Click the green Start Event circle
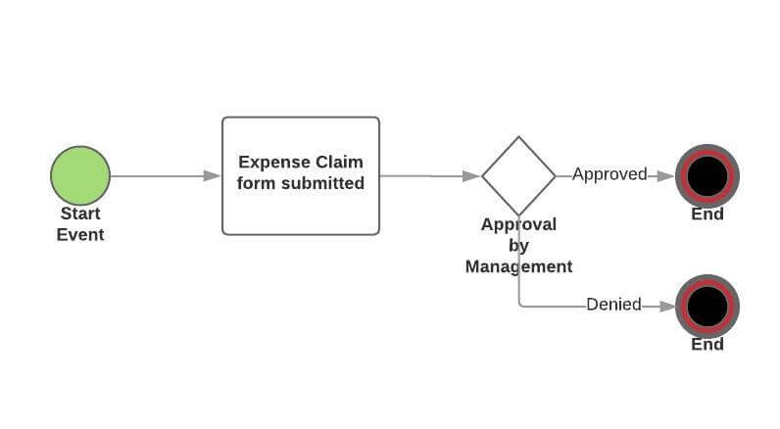tap(80, 175)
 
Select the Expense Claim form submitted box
tap(300, 176)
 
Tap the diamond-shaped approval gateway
tap(518, 175)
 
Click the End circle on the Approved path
tap(707, 175)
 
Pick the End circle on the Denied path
tap(707, 307)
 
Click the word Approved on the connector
tap(609, 174)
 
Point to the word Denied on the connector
tap(613, 305)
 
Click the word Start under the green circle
tap(80, 214)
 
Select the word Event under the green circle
tap(80, 234)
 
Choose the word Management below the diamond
tap(518, 266)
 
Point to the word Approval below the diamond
tap(518, 224)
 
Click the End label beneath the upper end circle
tap(707, 214)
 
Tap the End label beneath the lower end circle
tap(707, 344)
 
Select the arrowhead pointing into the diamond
tap(472, 176)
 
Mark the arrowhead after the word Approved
tap(665, 175)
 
